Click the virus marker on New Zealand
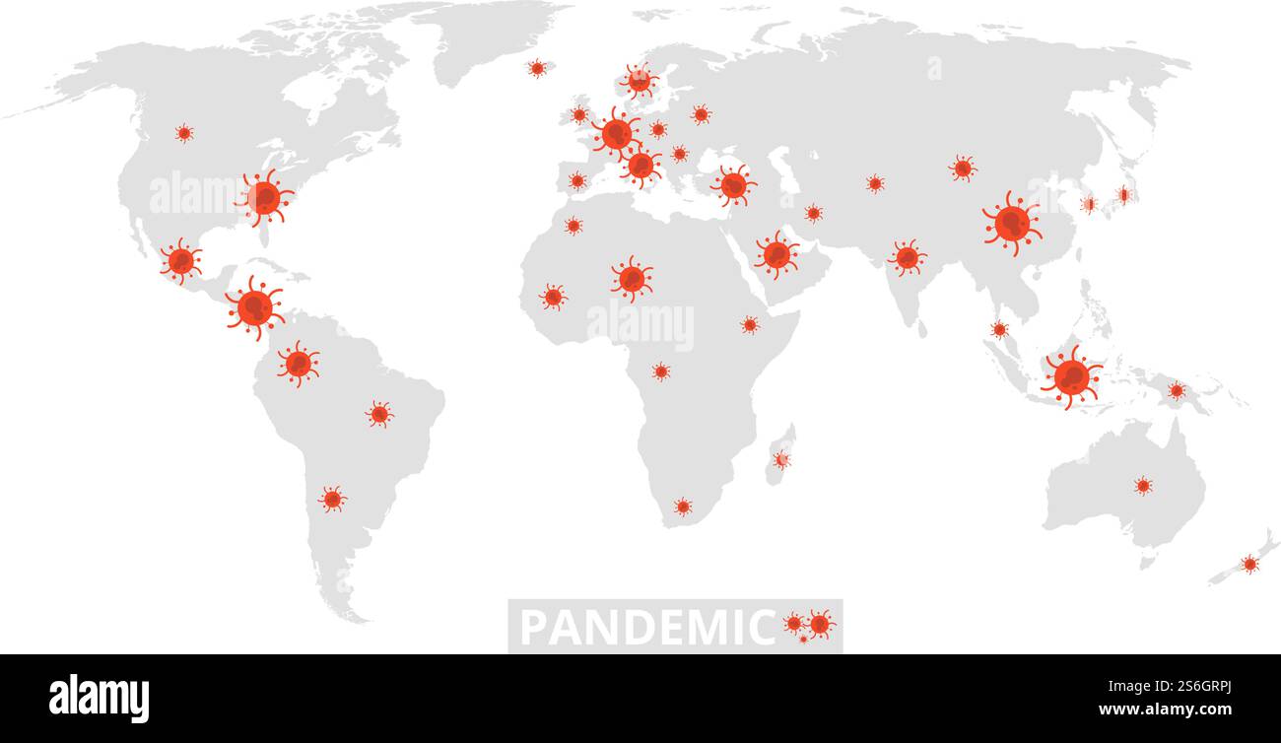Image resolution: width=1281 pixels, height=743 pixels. coord(1249,564)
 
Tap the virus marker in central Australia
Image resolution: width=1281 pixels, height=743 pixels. coord(1142,485)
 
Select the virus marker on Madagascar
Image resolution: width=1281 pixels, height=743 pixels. coord(781,459)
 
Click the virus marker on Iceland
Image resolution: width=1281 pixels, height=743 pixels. coord(536,68)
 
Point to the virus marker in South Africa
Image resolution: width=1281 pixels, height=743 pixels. coord(682,507)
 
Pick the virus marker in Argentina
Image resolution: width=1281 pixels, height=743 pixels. coord(332,499)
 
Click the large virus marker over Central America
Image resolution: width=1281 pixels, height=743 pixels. coord(255,307)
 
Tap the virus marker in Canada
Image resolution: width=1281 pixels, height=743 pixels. coord(183,133)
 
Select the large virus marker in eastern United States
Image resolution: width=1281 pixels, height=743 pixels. coord(264,197)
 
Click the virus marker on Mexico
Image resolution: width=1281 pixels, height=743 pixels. coord(180,260)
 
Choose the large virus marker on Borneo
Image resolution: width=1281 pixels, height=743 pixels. coord(1071,376)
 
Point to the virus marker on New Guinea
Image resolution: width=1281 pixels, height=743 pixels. coord(1176,390)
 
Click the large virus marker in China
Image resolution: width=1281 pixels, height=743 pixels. coord(1011,224)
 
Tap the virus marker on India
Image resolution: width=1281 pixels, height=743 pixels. coord(907,257)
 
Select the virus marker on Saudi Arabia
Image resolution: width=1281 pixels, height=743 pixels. coord(776,254)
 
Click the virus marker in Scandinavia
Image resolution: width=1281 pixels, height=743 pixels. coord(639,81)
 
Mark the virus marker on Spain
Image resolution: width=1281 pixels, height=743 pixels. coord(576,180)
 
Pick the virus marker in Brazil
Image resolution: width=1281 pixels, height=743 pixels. coord(379,414)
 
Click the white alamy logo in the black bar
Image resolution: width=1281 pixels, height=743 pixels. coord(99,698)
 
